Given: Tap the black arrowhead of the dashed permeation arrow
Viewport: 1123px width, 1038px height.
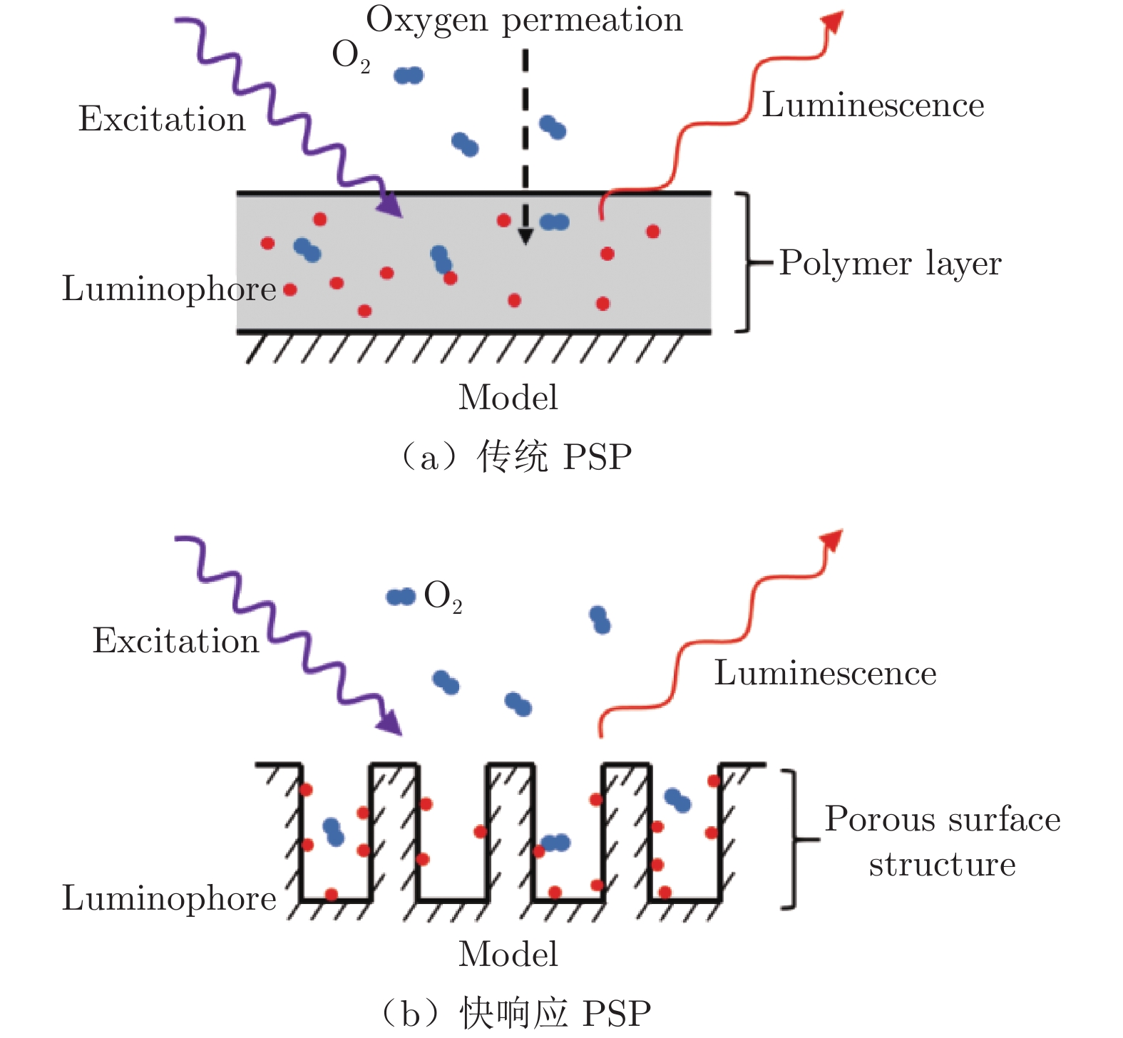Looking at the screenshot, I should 525,236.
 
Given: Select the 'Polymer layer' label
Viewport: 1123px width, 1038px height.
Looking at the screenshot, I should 890,264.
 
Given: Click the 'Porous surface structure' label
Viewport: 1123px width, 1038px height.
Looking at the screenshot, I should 943,841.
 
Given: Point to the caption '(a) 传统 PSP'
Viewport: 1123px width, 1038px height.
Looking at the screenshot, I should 516,457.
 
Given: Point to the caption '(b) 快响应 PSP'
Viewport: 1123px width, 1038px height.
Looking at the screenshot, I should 516,1013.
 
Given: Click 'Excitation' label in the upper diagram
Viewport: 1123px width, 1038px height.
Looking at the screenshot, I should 162,119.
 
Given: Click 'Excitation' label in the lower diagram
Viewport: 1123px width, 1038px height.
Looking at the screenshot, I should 175,641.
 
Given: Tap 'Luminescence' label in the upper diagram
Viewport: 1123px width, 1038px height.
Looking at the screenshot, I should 873,106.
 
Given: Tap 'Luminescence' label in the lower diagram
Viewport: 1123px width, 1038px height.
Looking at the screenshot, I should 825,673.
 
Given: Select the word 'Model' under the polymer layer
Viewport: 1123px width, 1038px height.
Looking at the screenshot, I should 508,398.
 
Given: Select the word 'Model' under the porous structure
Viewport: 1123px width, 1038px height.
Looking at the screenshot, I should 508,955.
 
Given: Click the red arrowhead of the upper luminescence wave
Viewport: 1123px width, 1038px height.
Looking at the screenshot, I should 833,22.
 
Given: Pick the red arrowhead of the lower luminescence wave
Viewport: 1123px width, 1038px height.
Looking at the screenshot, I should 833,540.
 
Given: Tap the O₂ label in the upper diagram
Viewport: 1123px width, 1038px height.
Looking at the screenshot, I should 351,56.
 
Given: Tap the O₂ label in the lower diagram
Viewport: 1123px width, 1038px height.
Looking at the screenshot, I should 443,596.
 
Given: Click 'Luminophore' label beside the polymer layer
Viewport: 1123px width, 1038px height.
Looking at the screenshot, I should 169,289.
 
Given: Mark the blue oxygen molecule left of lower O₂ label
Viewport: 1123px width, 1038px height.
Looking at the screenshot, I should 401,597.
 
